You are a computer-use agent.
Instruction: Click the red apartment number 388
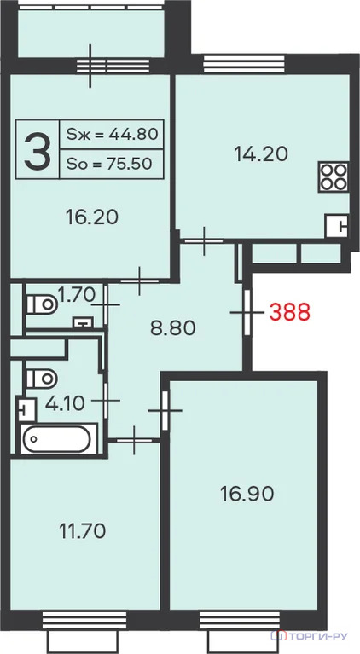tap(290, 312)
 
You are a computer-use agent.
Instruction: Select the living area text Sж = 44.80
tap(113, 134)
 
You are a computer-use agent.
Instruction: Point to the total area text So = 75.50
tap(109, 164)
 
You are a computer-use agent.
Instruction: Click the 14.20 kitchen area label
tap(261, 154)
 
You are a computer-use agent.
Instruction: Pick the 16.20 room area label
tap(92, 217)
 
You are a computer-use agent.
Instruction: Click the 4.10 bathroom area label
tap(65, 403)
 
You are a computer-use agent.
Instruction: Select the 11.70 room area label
tap(83, 531)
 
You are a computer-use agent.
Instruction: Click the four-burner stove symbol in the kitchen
tap(334, 177)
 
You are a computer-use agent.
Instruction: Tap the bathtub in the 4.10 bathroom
tap(56, 439)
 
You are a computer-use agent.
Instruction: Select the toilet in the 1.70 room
tap(42, 304)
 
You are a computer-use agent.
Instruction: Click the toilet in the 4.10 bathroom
tap(42, 378)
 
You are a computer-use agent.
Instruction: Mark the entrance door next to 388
tap(247, 312)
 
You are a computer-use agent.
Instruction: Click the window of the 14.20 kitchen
tap(244, 64)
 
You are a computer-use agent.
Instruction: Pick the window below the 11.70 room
tap(84, 621)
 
